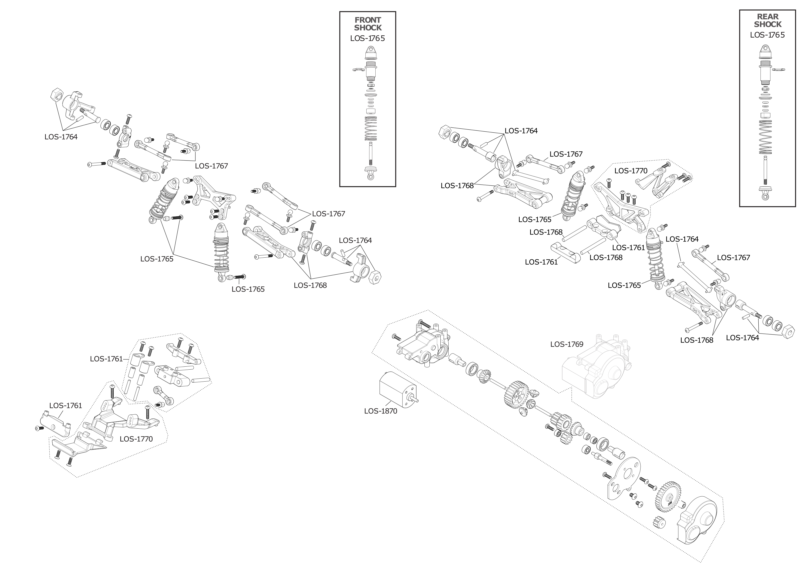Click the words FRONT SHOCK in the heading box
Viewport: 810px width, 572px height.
(368, 24)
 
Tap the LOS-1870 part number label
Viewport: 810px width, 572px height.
(380, 411)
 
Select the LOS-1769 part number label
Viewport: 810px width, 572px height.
(567, 344)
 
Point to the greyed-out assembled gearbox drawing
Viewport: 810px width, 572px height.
(596, 368)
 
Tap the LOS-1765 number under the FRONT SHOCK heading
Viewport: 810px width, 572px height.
(368, 38)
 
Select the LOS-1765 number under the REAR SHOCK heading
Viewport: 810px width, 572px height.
(768, 35)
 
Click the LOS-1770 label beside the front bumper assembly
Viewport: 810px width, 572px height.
(136, 439)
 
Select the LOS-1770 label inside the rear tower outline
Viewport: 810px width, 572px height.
(631, 171)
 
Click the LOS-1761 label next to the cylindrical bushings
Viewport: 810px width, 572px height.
(106, 359)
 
